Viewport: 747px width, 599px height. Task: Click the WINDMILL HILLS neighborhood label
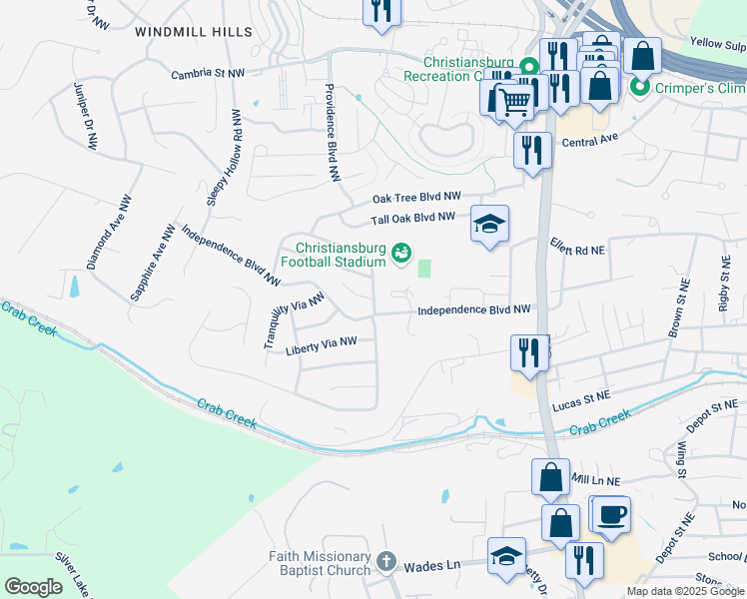(x=194, y=32)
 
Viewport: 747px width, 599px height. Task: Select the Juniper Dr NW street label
(x=85, y=117)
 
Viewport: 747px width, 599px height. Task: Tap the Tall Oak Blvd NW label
(x=413, y=218)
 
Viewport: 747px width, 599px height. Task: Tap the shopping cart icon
(x=514, y=100)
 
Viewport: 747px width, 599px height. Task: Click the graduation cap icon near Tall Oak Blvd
(x=489, y=224)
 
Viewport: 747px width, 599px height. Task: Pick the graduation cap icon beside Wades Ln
(x=506, y=555)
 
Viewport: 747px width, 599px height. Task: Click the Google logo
(x=33, y=587)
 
